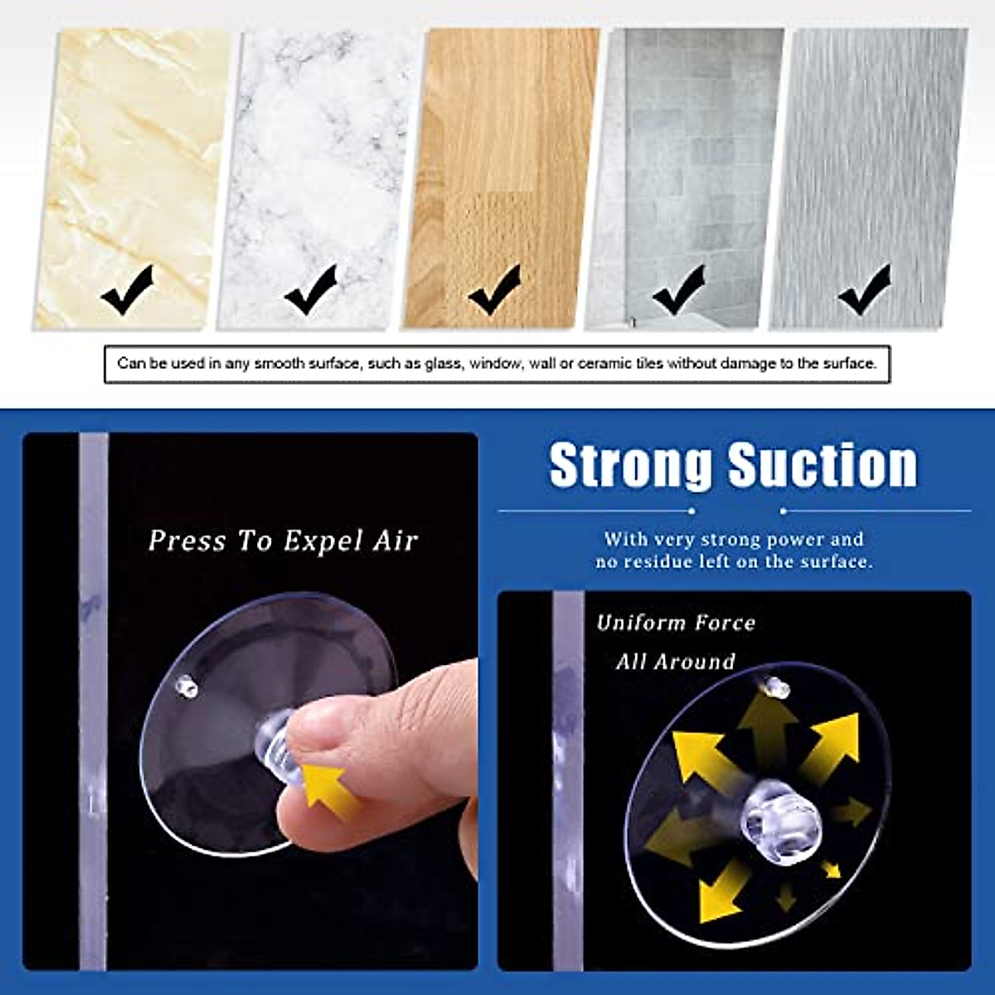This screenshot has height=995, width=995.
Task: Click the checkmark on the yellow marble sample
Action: coord(128,289)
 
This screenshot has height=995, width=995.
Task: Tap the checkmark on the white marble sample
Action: coord(311,289)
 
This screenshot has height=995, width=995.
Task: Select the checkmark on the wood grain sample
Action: coord(495,289)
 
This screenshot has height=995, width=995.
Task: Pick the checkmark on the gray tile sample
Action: coord(679,289)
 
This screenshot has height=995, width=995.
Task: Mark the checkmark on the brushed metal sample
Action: coord(864,289)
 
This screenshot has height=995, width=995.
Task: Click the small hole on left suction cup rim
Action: coord(187,685)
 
